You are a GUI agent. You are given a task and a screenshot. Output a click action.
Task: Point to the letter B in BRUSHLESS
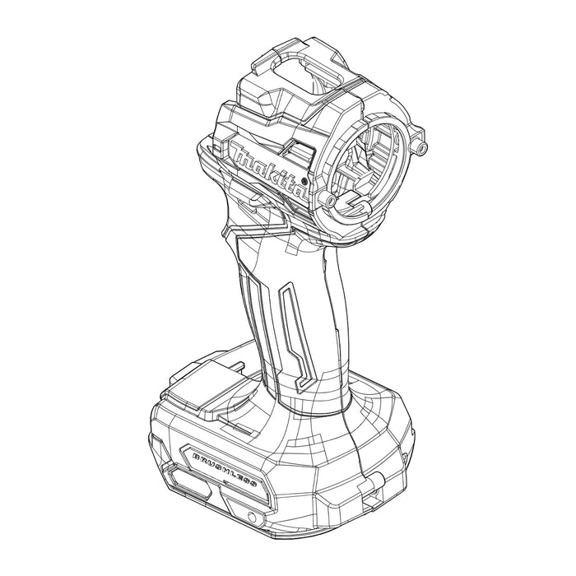click(x=194, y=455)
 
